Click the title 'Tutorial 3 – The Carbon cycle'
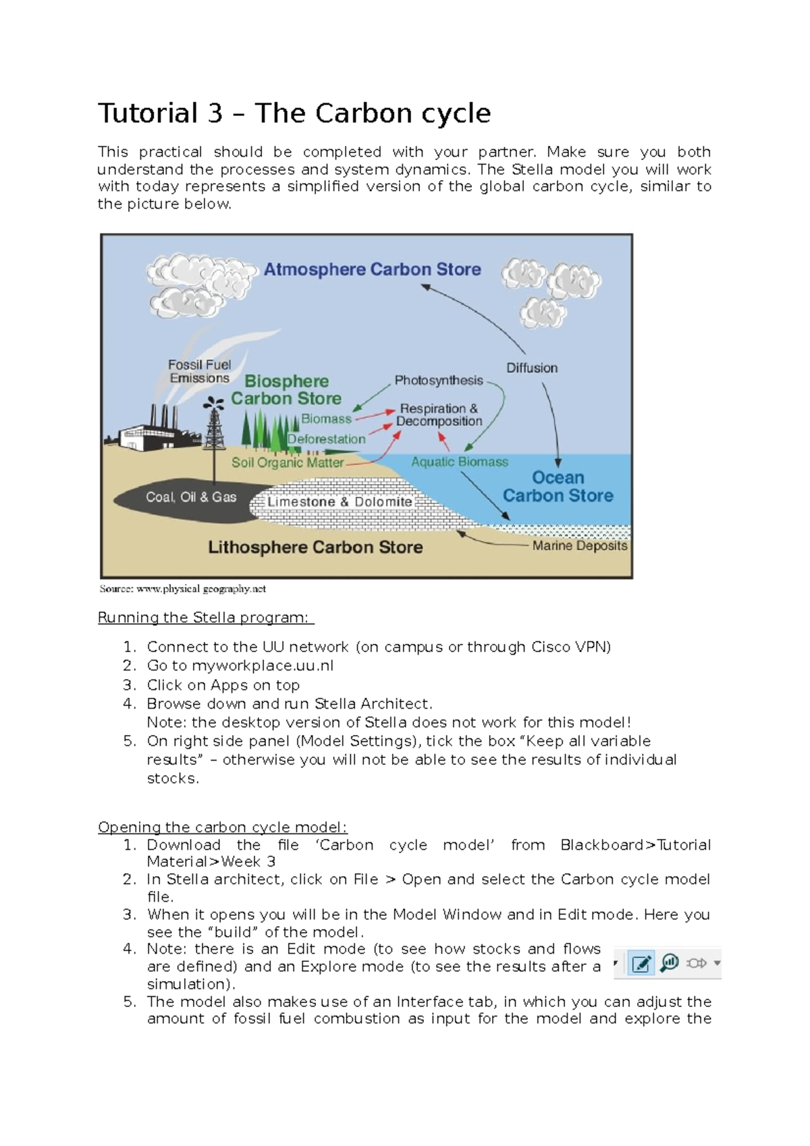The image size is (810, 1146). [294, 113]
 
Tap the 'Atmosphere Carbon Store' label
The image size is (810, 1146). [372, 269]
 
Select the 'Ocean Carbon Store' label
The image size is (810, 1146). [558, 487]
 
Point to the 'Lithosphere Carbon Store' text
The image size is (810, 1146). [315, 547]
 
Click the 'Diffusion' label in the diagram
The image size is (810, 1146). [532, 368]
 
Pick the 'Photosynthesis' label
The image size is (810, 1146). [439, 381]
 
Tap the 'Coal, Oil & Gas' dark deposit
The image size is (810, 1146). [191, 497]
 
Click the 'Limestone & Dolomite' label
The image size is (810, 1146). [340, 502]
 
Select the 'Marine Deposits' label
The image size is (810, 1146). [580, 545]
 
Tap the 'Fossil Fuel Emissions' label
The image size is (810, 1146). [199, 371]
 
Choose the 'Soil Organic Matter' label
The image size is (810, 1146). [288, 462]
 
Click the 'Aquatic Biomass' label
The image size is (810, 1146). [460, 462]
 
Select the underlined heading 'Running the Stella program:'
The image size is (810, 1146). [205, 618]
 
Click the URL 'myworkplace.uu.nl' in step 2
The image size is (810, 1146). [263, 665]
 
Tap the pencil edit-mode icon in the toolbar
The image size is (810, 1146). [641, 963]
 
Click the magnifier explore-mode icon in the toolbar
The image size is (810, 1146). [669, 963]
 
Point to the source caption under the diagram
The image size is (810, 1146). [182, 589]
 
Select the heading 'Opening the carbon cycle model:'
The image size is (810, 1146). [222, 827]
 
